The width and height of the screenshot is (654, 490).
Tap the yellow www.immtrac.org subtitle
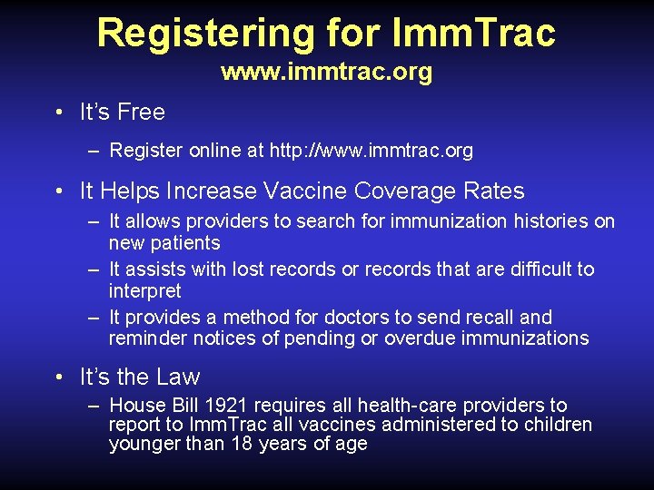(x=326, y=72)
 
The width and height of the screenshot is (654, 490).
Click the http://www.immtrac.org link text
(x=372, y=151)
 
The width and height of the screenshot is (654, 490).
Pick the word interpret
(x=145, y=291)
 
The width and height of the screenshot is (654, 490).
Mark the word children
(x=556, y=425)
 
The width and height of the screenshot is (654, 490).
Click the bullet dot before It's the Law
(x=58, y=377)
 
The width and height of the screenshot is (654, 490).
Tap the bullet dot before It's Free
(x=58, y=113)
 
